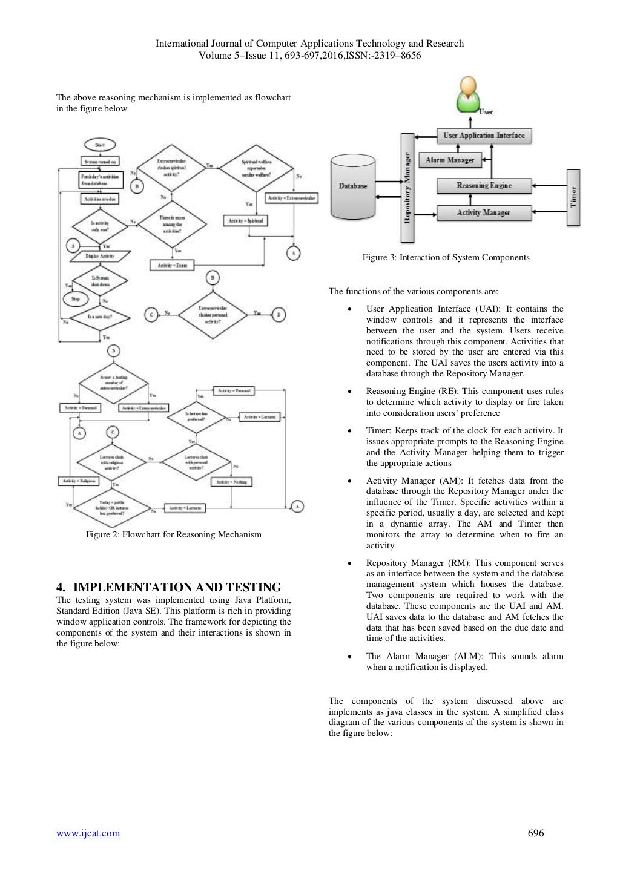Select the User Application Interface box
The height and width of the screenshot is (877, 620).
[484, 136]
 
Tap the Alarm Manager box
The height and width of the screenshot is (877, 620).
[449, 160]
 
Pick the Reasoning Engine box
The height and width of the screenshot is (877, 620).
[484, 186]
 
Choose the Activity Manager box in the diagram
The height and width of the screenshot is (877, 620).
[484, 212]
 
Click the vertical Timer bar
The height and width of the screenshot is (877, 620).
[573, 197]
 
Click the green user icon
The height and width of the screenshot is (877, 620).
[467, 95]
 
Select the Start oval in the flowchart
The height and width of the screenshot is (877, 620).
[100, 145]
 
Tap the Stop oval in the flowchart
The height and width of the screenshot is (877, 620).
[76, 299]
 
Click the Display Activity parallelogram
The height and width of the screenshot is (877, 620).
[100, 257]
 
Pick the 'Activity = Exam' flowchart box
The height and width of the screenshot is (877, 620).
[172, 265]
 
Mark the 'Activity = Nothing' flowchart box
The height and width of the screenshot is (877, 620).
[232, 482]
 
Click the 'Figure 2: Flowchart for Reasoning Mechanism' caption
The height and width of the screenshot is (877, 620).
[173, 534]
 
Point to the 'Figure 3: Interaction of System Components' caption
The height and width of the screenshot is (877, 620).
[446, 258]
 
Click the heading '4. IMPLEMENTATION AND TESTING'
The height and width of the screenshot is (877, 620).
[168, 587]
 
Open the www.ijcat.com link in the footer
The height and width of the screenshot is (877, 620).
[88, 833]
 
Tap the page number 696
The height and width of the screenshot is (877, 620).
[536, 833]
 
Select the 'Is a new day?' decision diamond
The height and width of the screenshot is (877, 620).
[100, 317]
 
